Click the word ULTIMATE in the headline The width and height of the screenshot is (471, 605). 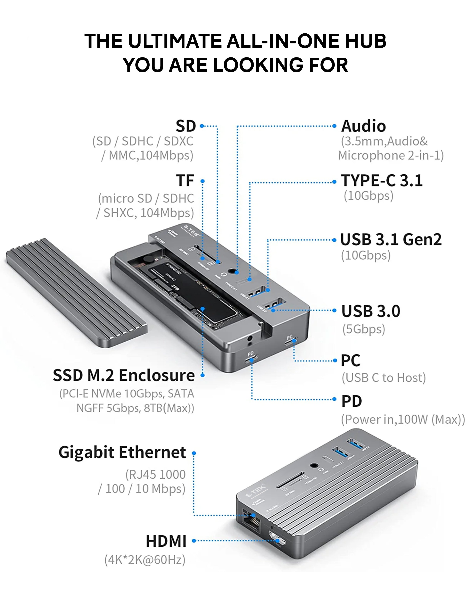[175, 41]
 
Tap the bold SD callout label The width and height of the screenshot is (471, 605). [186, 126]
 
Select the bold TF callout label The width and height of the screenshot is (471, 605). [185, 181]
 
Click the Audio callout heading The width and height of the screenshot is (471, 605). [363, 126]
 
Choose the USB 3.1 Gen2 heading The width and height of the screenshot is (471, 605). [391, 240]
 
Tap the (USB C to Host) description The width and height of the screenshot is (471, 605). [383, 378]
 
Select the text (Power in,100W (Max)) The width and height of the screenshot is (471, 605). [403, 420]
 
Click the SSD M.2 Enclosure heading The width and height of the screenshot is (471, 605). [124, 376]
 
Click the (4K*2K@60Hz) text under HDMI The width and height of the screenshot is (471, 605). [145, 560]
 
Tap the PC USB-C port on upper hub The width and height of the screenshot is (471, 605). [290, 341]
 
